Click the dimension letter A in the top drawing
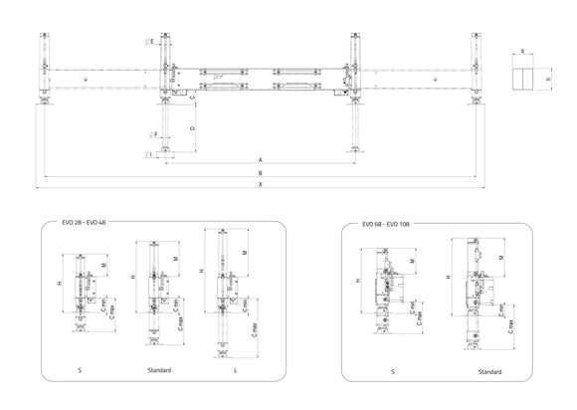click(x=260, y=159)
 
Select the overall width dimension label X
click(x=260, y=185)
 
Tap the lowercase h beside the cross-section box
click(x=547, y=79)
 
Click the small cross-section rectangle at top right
click(x=523, y=78)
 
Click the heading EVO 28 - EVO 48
click(x=85, y=222)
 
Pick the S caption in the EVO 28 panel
click(x=80, y=370)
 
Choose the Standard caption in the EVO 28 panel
click(x=158, y=370)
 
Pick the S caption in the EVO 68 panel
click(x=391, y=371)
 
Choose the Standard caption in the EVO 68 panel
click(x=488, y=371)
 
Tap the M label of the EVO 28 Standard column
click(x=175, y=257)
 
